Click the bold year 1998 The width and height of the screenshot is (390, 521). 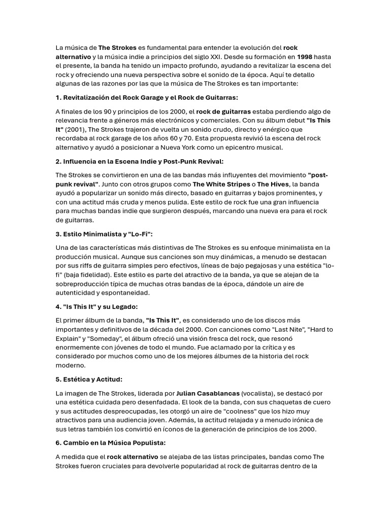[x=305, y=56]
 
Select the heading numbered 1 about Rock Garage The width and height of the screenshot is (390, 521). [x=146, y=97]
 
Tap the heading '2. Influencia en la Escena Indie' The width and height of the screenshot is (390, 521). [x=139, y=161]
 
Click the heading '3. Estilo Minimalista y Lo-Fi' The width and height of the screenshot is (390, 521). [x=104, y=234]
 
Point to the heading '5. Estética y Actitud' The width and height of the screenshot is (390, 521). [x=89, y=379]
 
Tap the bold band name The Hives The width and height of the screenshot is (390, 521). [x=274, y=184]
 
